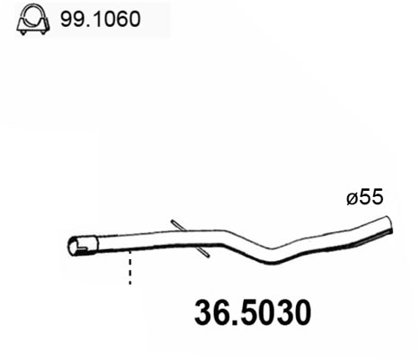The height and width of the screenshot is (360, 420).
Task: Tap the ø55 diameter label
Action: coord(366,198)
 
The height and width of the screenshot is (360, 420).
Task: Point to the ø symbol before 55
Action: coord(353,198)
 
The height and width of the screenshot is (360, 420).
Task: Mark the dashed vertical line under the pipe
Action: coord(130,267)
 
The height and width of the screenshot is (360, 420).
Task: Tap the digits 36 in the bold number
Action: coord(211,313)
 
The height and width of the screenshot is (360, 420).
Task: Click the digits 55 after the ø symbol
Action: coord(372,198)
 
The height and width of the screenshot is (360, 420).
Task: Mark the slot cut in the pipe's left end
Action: coord(82,240)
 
